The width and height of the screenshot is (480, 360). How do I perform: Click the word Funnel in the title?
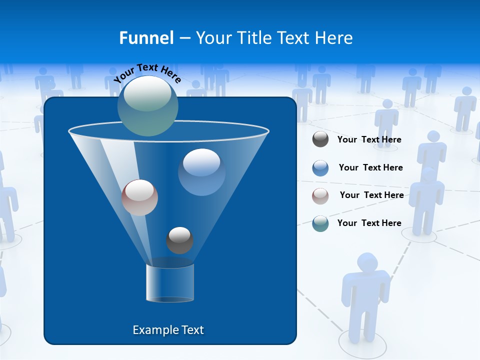(x=146, y=38)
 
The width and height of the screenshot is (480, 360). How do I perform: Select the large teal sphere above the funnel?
(x=148, y=105)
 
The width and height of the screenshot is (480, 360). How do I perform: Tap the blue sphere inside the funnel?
(x=201, y=172)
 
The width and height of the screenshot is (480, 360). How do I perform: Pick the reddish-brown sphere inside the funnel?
(x=139, y=197)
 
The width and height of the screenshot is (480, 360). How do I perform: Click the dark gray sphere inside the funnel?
(x=179, y=240)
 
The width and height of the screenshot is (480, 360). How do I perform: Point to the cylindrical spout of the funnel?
(x=169, y=283)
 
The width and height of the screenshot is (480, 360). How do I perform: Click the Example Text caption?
(x=168, y=330)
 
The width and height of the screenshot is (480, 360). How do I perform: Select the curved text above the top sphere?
(x=147, y=72)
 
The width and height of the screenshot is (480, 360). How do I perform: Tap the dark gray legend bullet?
(x=320, y=139)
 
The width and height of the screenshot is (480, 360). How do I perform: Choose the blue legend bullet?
(x=320, y=167)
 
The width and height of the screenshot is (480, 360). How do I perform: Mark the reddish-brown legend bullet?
(x=320, y=195)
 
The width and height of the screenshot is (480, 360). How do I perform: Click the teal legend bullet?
(x=320, y=223)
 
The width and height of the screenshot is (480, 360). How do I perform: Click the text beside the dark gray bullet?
(x=369, y=140)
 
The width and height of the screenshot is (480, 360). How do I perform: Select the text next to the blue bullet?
(x=370, y=168)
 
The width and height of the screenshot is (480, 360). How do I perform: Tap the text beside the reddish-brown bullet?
(x=371, y=195)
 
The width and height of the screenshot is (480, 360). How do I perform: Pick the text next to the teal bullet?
(x=369, y=223)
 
